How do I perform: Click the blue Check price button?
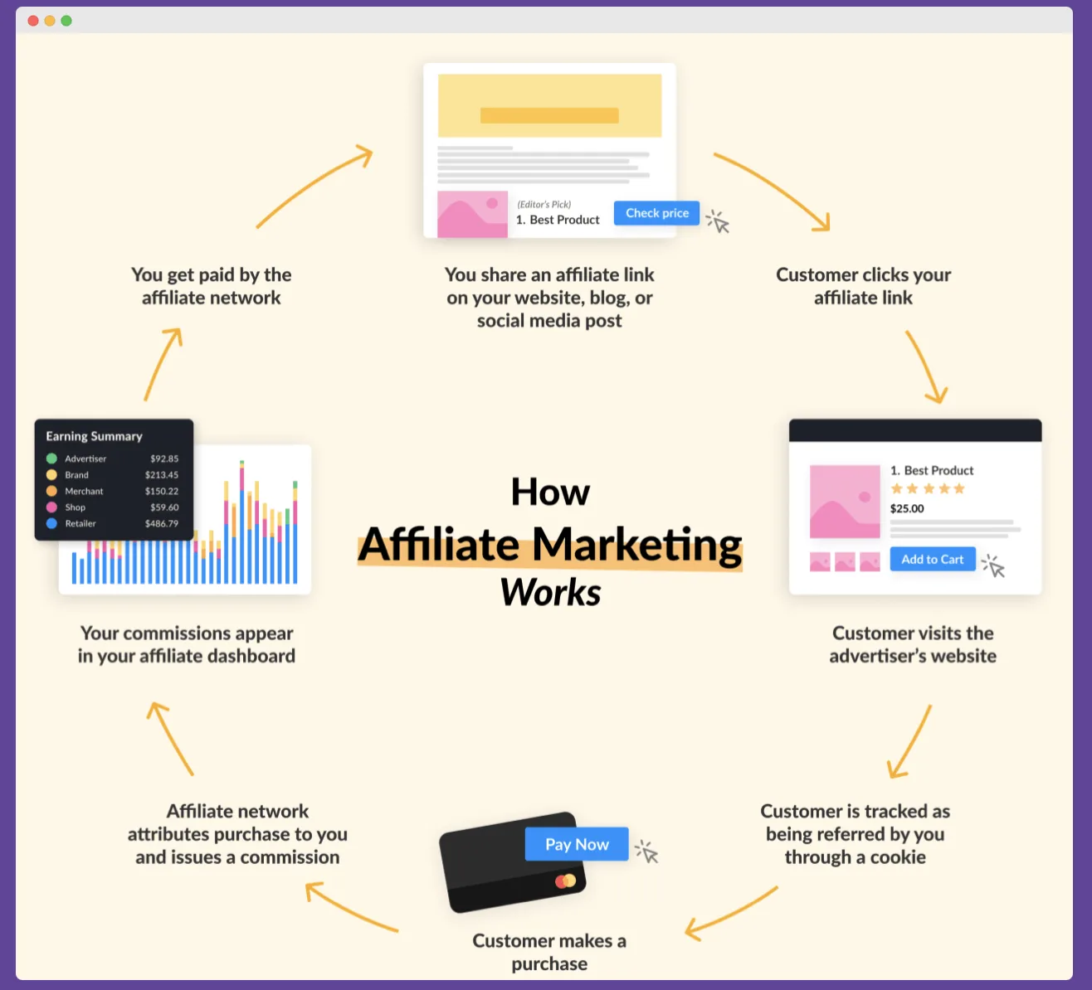point(656,213)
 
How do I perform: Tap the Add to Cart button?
point(932,560)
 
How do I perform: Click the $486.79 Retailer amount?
point(162,524)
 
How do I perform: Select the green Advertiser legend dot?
point(51,459)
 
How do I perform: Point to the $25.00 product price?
point(907,509)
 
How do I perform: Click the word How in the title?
point(550,493)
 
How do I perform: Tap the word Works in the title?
point(550,593)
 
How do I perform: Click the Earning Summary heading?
point(94,436)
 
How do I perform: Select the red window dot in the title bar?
point(33,21)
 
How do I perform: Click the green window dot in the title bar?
point(66,21)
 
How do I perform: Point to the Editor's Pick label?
point(544,205)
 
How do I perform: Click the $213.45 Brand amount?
point(162,475)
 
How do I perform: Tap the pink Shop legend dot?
point(51,507)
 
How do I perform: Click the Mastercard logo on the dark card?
point(566,881)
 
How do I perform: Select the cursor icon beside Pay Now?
point(647,852)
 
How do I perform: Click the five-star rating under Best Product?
point(928,489)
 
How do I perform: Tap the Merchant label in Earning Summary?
point(84,492)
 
